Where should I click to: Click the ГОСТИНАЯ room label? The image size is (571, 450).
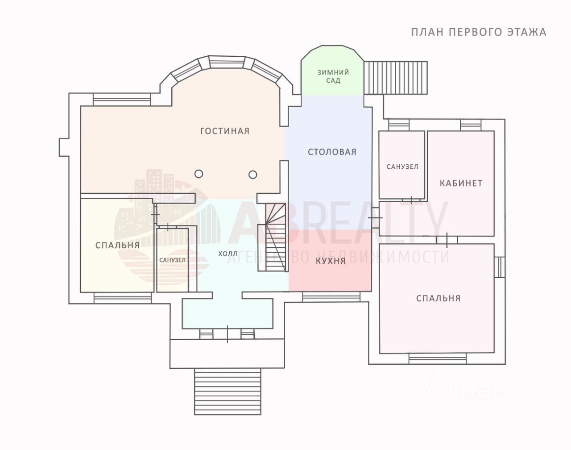pyautogui.click(x=225, y=131)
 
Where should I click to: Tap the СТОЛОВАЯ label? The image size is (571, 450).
pyautogui.click(x=332, y=152)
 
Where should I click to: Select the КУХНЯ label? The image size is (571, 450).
pyautogui.click(x=331, y=261)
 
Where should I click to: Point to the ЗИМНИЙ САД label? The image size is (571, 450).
pyautogui.click(x=333, y=76)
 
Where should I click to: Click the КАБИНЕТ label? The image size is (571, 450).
pyautogui.click(x=461, y=183)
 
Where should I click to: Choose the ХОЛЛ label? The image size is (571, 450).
pyautogui.click(x=228, y=254)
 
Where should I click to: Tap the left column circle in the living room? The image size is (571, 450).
pyautogui.click(x=199, y=174)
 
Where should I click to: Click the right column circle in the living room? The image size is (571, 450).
pyautogui.click(x=252, y=175)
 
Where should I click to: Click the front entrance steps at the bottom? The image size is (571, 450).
pyautogui.click(x=228, y=391)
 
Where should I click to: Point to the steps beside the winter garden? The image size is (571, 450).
pyautogui.click(x=395, y=78)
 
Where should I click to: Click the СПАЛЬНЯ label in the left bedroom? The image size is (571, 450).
pyautogui.click(x=117, y=245)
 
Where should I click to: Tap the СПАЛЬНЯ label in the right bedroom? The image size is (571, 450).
pyautogui.click(x=439, y=298)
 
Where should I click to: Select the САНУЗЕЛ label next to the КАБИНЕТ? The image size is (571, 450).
pyautogui.click(x=402, y=167)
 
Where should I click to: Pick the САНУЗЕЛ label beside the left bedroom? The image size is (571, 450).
pyautogui.click(x=173, y=260)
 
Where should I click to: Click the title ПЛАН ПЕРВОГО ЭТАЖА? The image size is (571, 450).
pyautogui.click(x=479, y=32)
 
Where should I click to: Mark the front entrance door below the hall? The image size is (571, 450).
pyautogui.click(x=227, y=334)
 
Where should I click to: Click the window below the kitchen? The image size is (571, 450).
pyautogui.click(x=331, y=297)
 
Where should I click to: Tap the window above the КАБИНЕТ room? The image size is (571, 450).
pyautogui.click(x=471, y=125)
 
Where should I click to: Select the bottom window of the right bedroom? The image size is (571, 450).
pyautogui.click(x=438, y=358)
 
